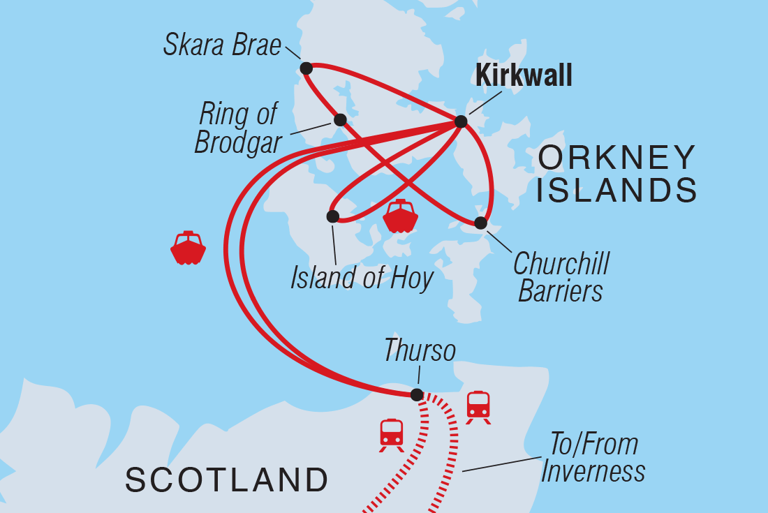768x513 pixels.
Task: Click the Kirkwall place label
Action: [x=523, y=75]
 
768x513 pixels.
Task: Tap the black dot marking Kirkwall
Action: [x=461, y=121]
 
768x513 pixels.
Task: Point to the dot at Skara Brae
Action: [x=306, y=68]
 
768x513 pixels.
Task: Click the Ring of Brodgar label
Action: [x=237, y=128]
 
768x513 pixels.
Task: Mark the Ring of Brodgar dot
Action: [x=340, y=120]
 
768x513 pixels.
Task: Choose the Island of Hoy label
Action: [x=362, y=278]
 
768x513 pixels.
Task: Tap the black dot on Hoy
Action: [x=332, y=216]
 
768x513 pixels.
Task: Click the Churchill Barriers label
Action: [x=561, y=277]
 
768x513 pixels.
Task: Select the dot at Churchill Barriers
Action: [x=480, y=223]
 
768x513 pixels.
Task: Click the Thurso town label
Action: [x=419, y=351]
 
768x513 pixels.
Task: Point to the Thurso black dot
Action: [x=416, y=395]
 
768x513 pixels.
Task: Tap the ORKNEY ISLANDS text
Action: [x=617, y=173]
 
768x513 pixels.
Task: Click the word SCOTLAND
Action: [x=227, y=479]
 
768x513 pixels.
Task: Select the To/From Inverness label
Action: [x=592, y=458]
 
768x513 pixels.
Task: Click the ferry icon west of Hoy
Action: [x=188, y=248]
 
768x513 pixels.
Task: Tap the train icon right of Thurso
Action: [x=478, y=407]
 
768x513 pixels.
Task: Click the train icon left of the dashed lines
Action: [x=392, y=434]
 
